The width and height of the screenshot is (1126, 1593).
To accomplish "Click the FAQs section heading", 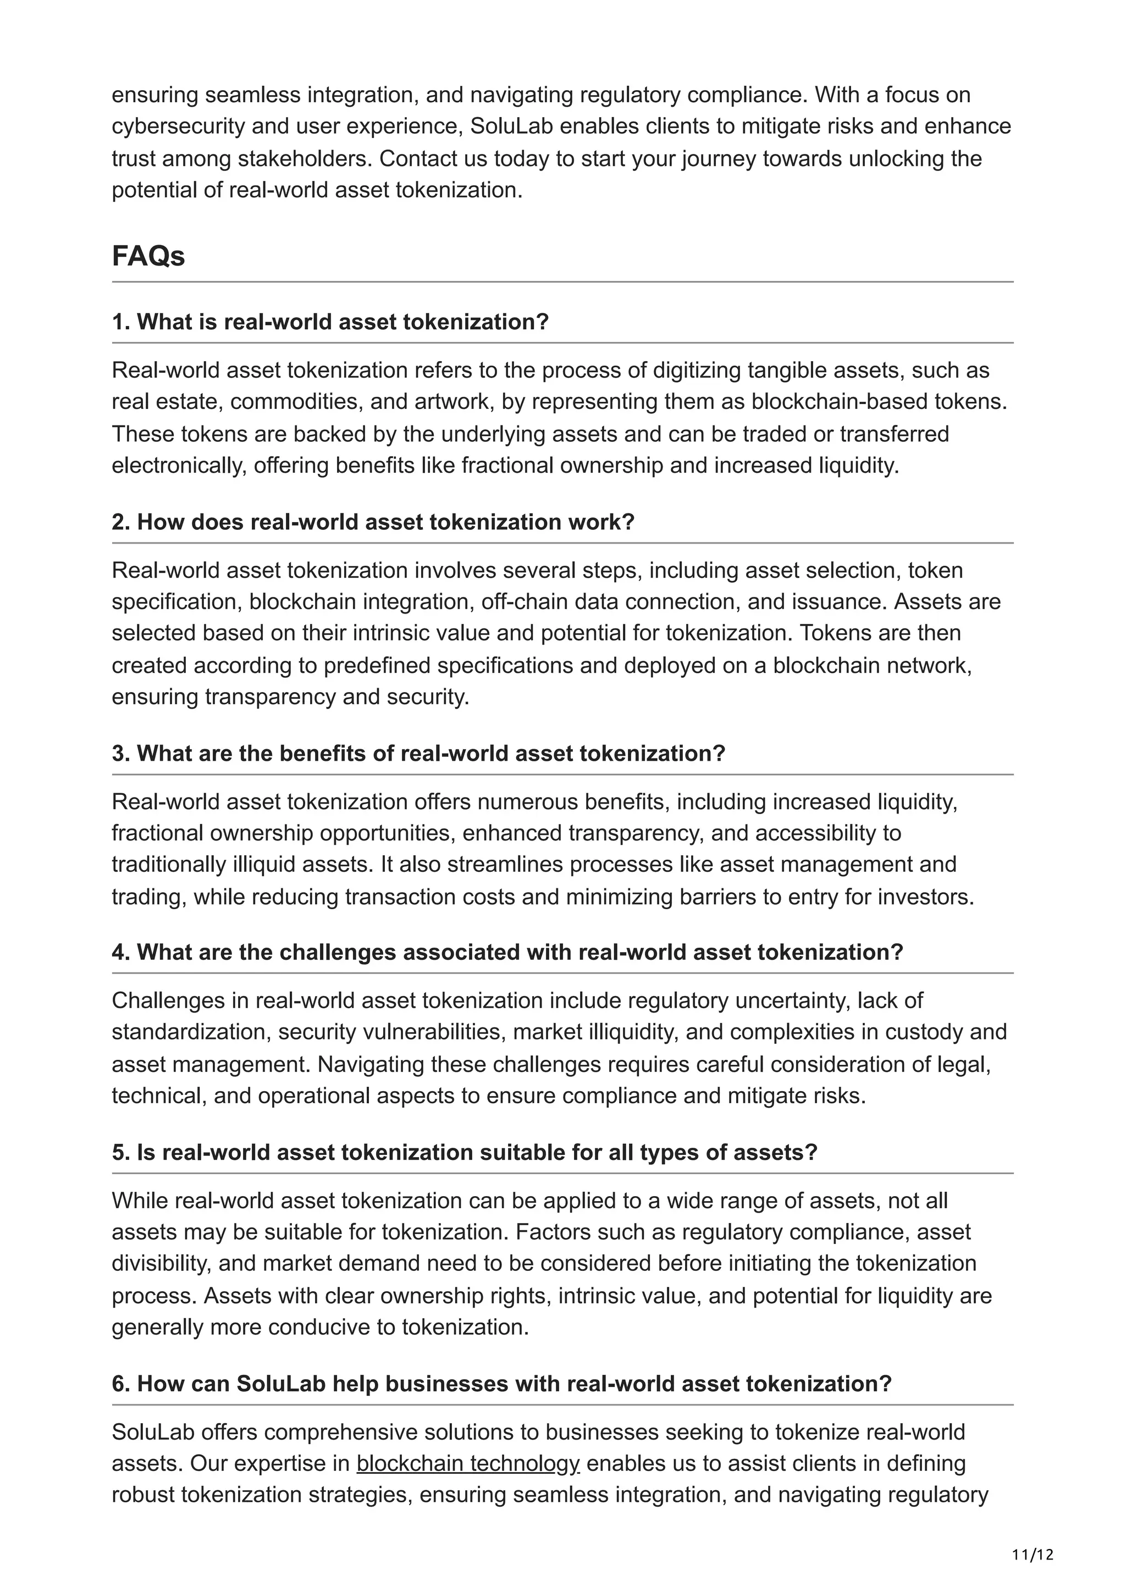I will (148, 256).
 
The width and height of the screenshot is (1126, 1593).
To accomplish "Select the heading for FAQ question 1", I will (330, 322).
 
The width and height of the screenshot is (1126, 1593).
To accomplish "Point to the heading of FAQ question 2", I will (373, 522).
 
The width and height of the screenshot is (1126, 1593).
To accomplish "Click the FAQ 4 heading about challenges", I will (507, 952).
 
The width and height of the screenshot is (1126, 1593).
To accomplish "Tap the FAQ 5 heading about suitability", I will (465, 1153).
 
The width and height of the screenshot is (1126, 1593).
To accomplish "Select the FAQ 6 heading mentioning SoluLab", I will (501, 1384).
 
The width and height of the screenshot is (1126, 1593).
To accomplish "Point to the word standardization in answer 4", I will (189, 1032).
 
